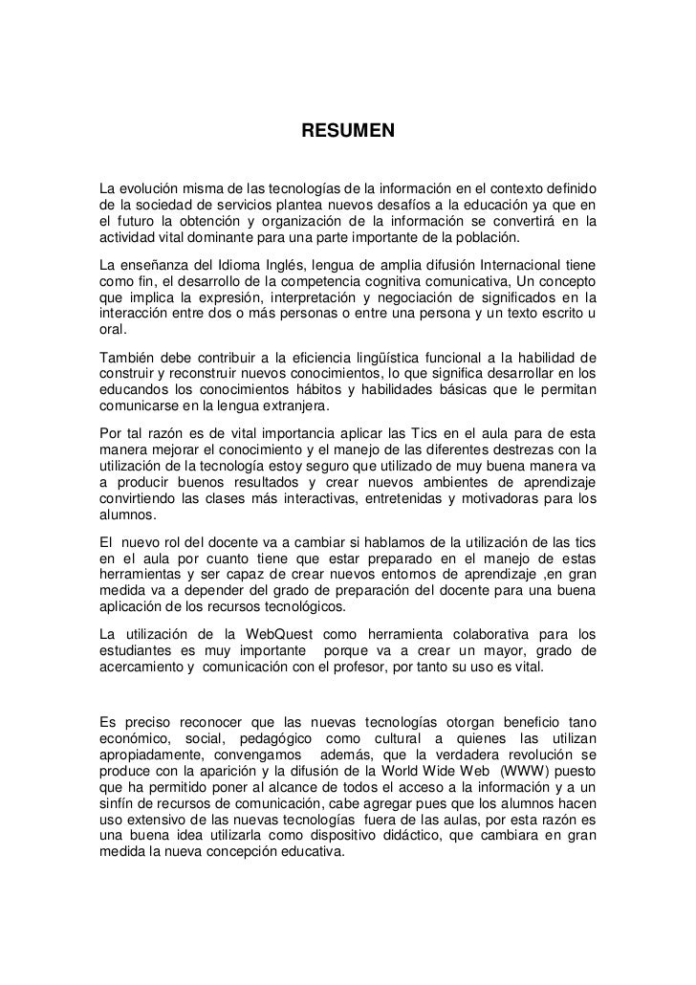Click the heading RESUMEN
[x=348, y=129]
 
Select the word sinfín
[x=120, y=801]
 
